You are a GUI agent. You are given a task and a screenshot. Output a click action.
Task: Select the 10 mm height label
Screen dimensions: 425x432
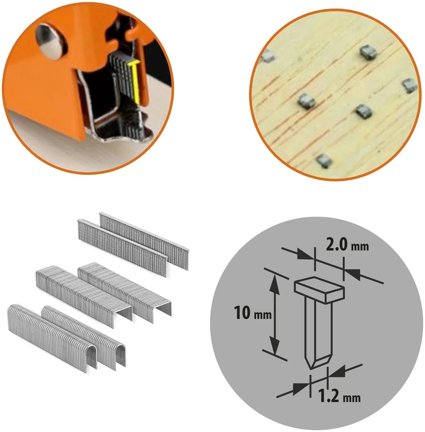click(253, 313)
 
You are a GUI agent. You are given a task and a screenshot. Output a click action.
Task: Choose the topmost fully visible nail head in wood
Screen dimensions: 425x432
click(368, 52)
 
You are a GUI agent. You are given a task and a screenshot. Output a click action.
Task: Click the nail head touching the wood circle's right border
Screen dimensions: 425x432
click(409, 85)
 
